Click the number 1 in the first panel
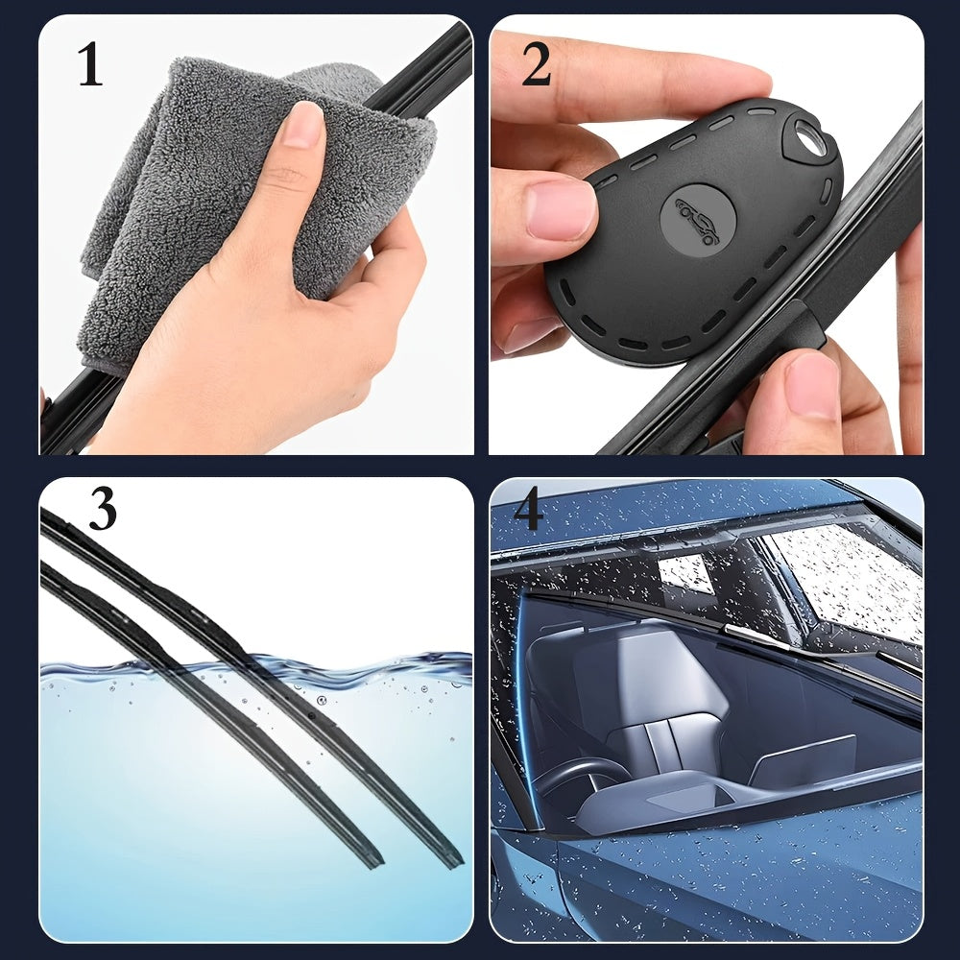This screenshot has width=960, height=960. pyautogui.click(x=90, y=63)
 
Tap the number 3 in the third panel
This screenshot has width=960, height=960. pyautogui.click(x=102, y=508)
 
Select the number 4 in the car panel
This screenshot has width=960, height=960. pyautogui.click(x=528, y=508)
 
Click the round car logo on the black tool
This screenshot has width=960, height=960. pyautogui.click(x=697, y=221)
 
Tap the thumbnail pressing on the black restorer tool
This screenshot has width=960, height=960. pyautogui.click(x=561, y=208)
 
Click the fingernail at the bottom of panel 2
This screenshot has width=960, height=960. pyautogui.click(x=813, y=386)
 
